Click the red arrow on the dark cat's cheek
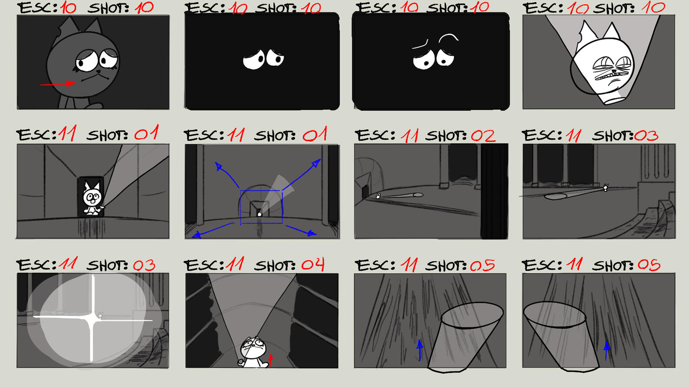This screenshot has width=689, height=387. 58,84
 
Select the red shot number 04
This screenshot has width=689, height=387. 312,265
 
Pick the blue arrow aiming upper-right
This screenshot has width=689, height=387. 302,174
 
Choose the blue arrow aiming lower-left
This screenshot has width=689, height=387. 212,230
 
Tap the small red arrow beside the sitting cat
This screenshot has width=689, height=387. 270,360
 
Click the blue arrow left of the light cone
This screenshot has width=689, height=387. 420,350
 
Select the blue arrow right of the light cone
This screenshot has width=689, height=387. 606,351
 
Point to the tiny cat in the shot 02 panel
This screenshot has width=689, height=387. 378,196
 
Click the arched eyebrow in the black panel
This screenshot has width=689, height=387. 448,37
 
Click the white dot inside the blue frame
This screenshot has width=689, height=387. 260,214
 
